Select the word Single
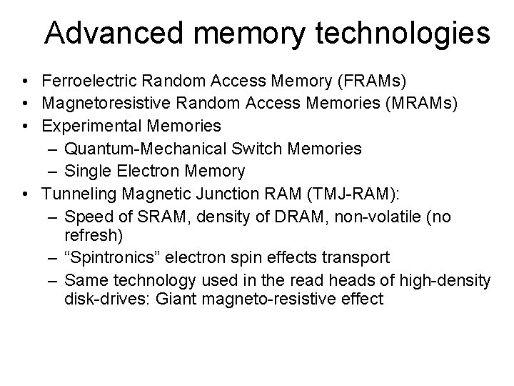click(85, 172)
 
